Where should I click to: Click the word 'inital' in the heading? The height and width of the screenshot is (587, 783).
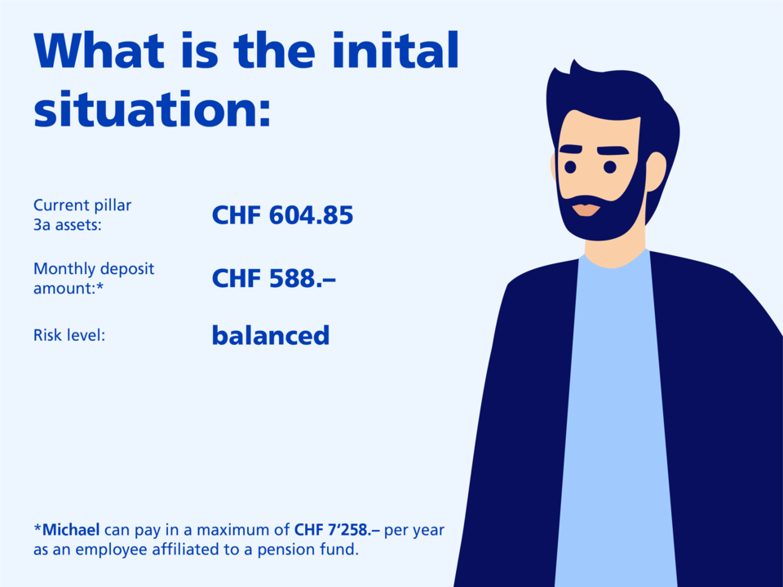coord(395,50)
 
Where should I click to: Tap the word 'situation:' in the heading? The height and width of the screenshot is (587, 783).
coord(153,108)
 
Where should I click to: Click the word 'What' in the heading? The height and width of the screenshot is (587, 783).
coord(99,50)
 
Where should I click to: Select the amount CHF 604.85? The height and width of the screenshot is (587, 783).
coord(283,215)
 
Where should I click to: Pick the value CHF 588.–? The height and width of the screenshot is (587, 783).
coord(274,279)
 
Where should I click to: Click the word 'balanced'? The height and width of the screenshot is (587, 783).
coord(271,335)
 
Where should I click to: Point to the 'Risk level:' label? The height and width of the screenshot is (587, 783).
coord(69,335)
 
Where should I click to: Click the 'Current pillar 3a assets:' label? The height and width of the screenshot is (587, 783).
coord(82,214)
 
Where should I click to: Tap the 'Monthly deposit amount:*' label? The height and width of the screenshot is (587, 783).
coord(94,278)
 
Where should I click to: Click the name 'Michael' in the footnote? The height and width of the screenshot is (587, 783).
coord(71,530)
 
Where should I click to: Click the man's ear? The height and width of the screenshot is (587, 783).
coord(656,172)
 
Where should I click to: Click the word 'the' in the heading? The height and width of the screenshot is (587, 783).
coord(274,50)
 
